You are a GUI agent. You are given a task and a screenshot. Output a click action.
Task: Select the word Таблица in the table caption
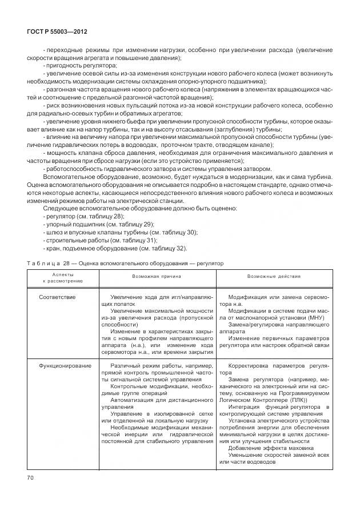pos(44,264)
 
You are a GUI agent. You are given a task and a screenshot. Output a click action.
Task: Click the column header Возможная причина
pos(157,276)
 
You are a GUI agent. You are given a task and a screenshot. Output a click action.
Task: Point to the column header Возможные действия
pos(274,276)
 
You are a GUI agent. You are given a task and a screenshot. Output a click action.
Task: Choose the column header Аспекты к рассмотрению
pos(63,278)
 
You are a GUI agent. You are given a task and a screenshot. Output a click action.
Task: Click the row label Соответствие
pos(57,297)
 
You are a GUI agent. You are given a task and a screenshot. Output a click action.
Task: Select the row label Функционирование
pos(63,365)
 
